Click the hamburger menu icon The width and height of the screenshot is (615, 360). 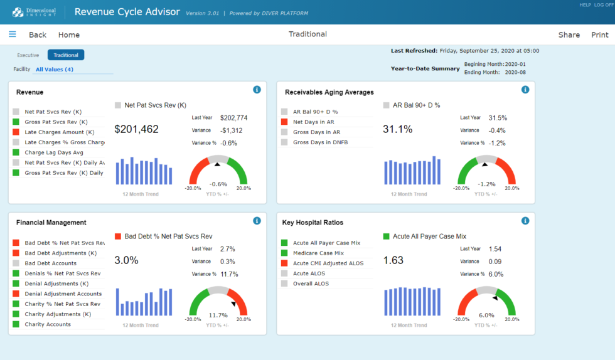(13, 34)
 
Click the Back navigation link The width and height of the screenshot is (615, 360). (38, 35)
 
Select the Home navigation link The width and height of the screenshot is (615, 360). (69, 35)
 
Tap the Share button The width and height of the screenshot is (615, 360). (569, 35)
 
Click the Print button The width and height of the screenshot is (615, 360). (599, 35)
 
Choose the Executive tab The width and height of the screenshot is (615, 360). (28, 55)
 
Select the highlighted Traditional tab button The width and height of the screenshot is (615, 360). (66, 55)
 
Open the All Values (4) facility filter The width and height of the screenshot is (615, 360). (55, 70)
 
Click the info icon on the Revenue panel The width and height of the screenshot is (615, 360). (257, 90)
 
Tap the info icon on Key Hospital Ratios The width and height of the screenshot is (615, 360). (525, 221)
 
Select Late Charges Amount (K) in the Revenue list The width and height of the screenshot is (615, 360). (59, 132)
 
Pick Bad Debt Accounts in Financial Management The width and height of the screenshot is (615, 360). (50, 263)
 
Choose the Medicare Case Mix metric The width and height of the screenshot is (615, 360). (318, 253)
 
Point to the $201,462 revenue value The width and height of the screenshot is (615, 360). (136, 129)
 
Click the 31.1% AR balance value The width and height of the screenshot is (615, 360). (398, 129)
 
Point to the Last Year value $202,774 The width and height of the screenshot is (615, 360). (233, 118)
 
